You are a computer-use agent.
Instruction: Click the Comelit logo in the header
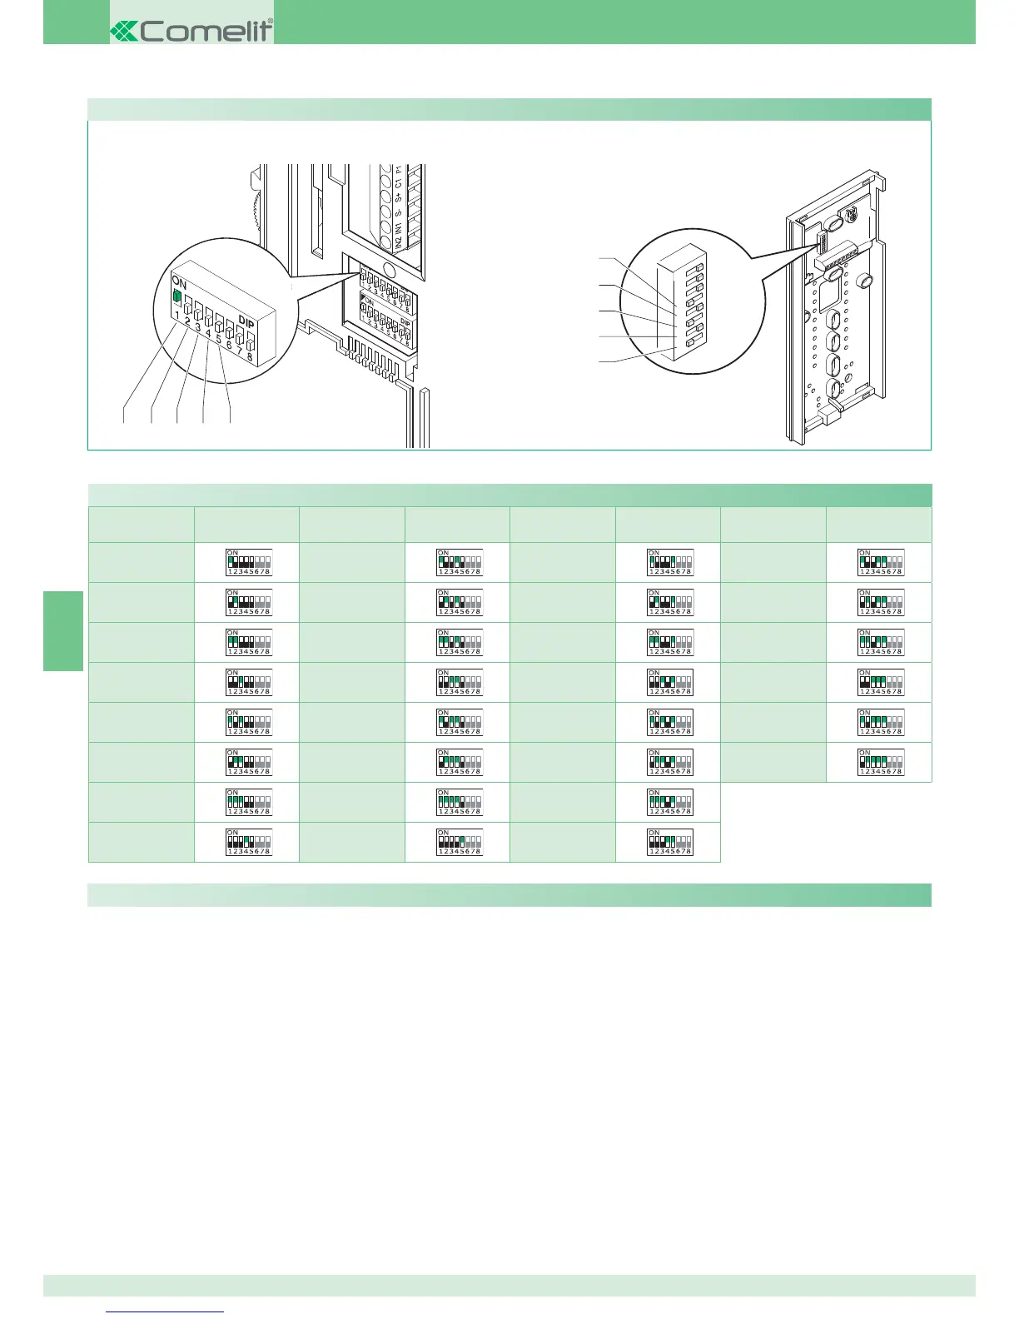tap(191, 31)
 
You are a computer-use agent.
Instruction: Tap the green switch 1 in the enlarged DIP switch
tap(176, 296)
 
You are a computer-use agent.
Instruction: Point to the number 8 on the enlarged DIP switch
tap(250, 356)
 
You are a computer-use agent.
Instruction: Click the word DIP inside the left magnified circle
tap(246, 321)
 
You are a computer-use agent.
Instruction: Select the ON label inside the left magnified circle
tap(180, 281)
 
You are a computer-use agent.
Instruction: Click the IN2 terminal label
tap(398, 241)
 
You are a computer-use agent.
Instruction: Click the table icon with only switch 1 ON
tap(249, 562)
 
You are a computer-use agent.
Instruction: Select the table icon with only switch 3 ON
tap(249, 682)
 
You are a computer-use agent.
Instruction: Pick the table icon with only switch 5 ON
tap(460, 841)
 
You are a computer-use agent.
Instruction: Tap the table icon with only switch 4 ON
tap(249, 841)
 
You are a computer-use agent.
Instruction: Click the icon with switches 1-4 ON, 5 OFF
tap(460, 801)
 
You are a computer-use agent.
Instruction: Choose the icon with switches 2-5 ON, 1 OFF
tap(881, 761)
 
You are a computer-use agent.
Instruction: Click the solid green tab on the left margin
tap(63, 630)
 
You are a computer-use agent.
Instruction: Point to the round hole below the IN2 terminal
tap(388, 268)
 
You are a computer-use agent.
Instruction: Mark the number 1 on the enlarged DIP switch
tap(177, 316)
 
